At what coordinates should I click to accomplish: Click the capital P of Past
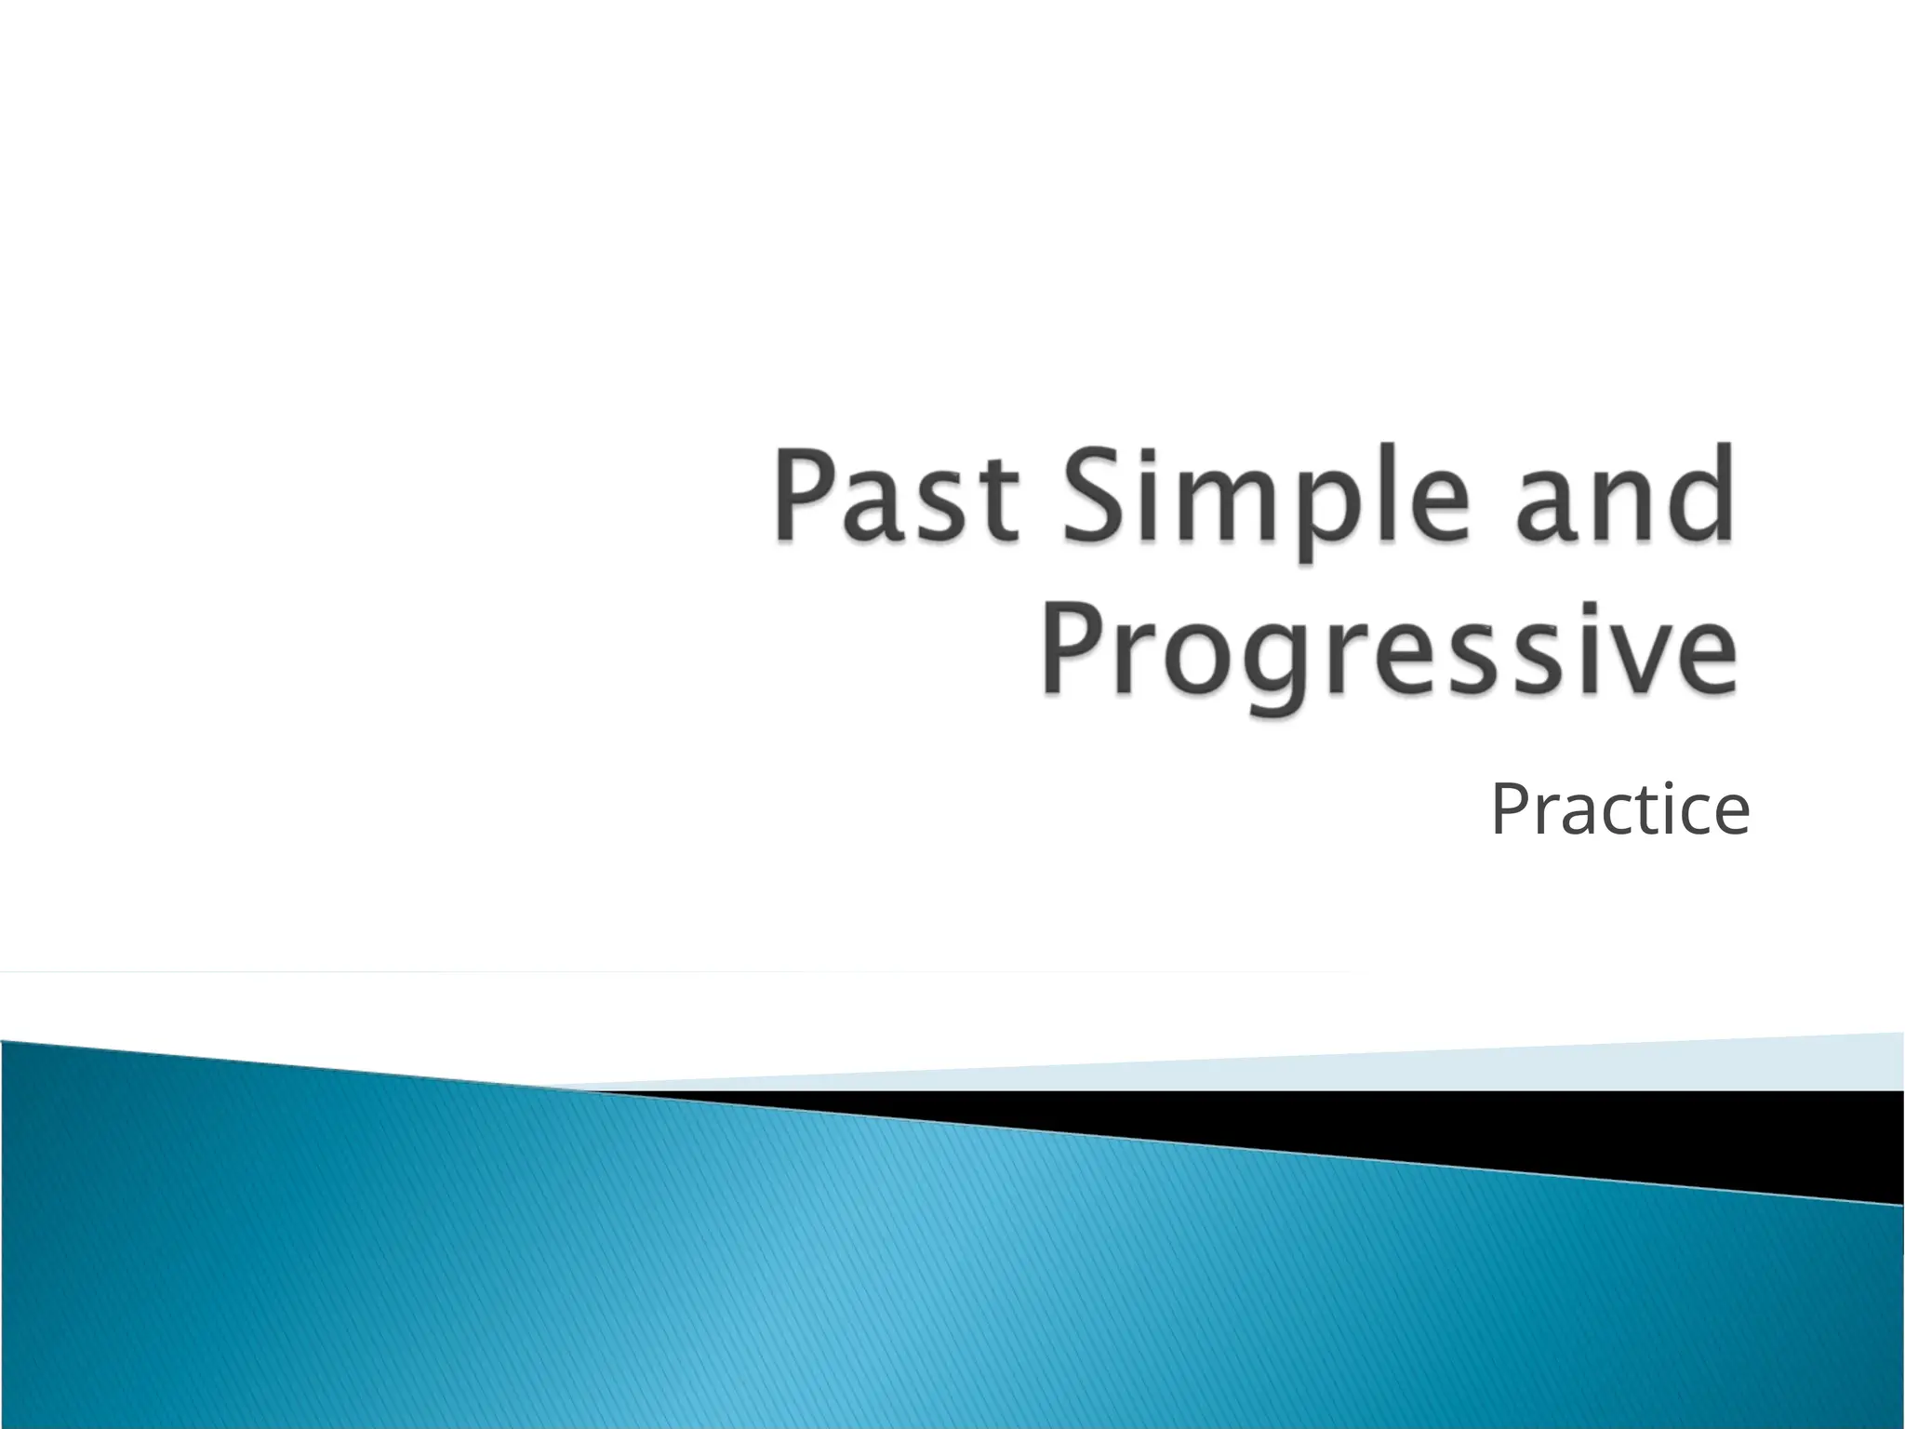tap(806, 495)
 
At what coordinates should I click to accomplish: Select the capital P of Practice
tap(1511, 809)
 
